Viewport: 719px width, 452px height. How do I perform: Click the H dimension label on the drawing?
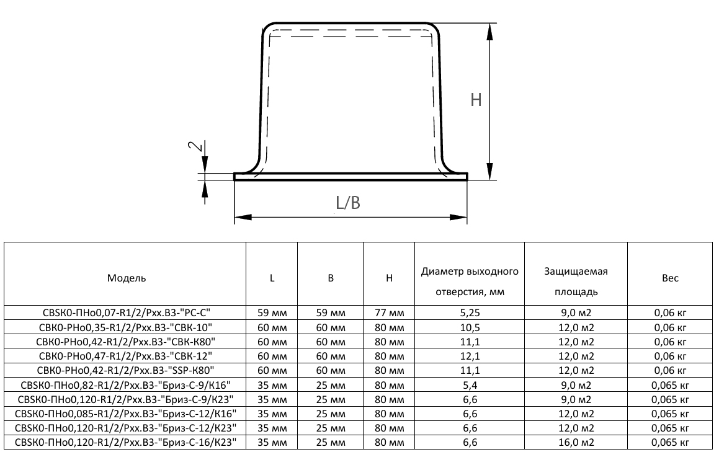click(x=476, y=100)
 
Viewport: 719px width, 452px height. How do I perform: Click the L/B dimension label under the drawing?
click(x=348, y=202)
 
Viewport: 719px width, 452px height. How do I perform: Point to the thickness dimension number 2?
click(x=195, y=146)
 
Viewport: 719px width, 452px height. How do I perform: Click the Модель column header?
click(x=127, y=278)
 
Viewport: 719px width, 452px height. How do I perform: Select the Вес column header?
click(x=670, y=278)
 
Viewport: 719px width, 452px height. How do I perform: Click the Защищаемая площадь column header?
click(x=576, y=281)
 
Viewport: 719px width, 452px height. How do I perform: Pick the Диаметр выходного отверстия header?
click(x=470, y=281)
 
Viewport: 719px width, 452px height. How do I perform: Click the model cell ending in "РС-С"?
click(x=126, y=312)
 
